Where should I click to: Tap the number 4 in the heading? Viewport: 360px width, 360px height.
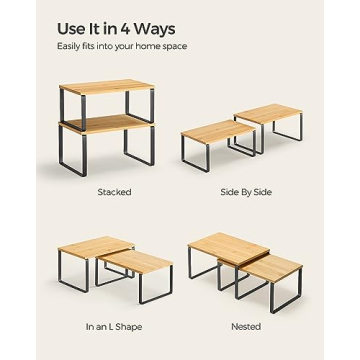(x=125, y=26)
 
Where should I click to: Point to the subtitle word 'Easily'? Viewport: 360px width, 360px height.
(x=69, y=46)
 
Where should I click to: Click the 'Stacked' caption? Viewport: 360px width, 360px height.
(x=114, y=192)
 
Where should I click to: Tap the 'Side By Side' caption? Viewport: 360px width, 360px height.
(x=242, y=192)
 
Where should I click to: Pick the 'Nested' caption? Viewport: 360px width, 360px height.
(x=245, y=326)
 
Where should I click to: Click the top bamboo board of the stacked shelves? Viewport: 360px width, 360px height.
(x=104, y=87)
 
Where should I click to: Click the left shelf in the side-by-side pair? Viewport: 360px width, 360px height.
(x=212, y=129)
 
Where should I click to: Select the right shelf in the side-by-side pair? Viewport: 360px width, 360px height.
(x=270, y=113)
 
